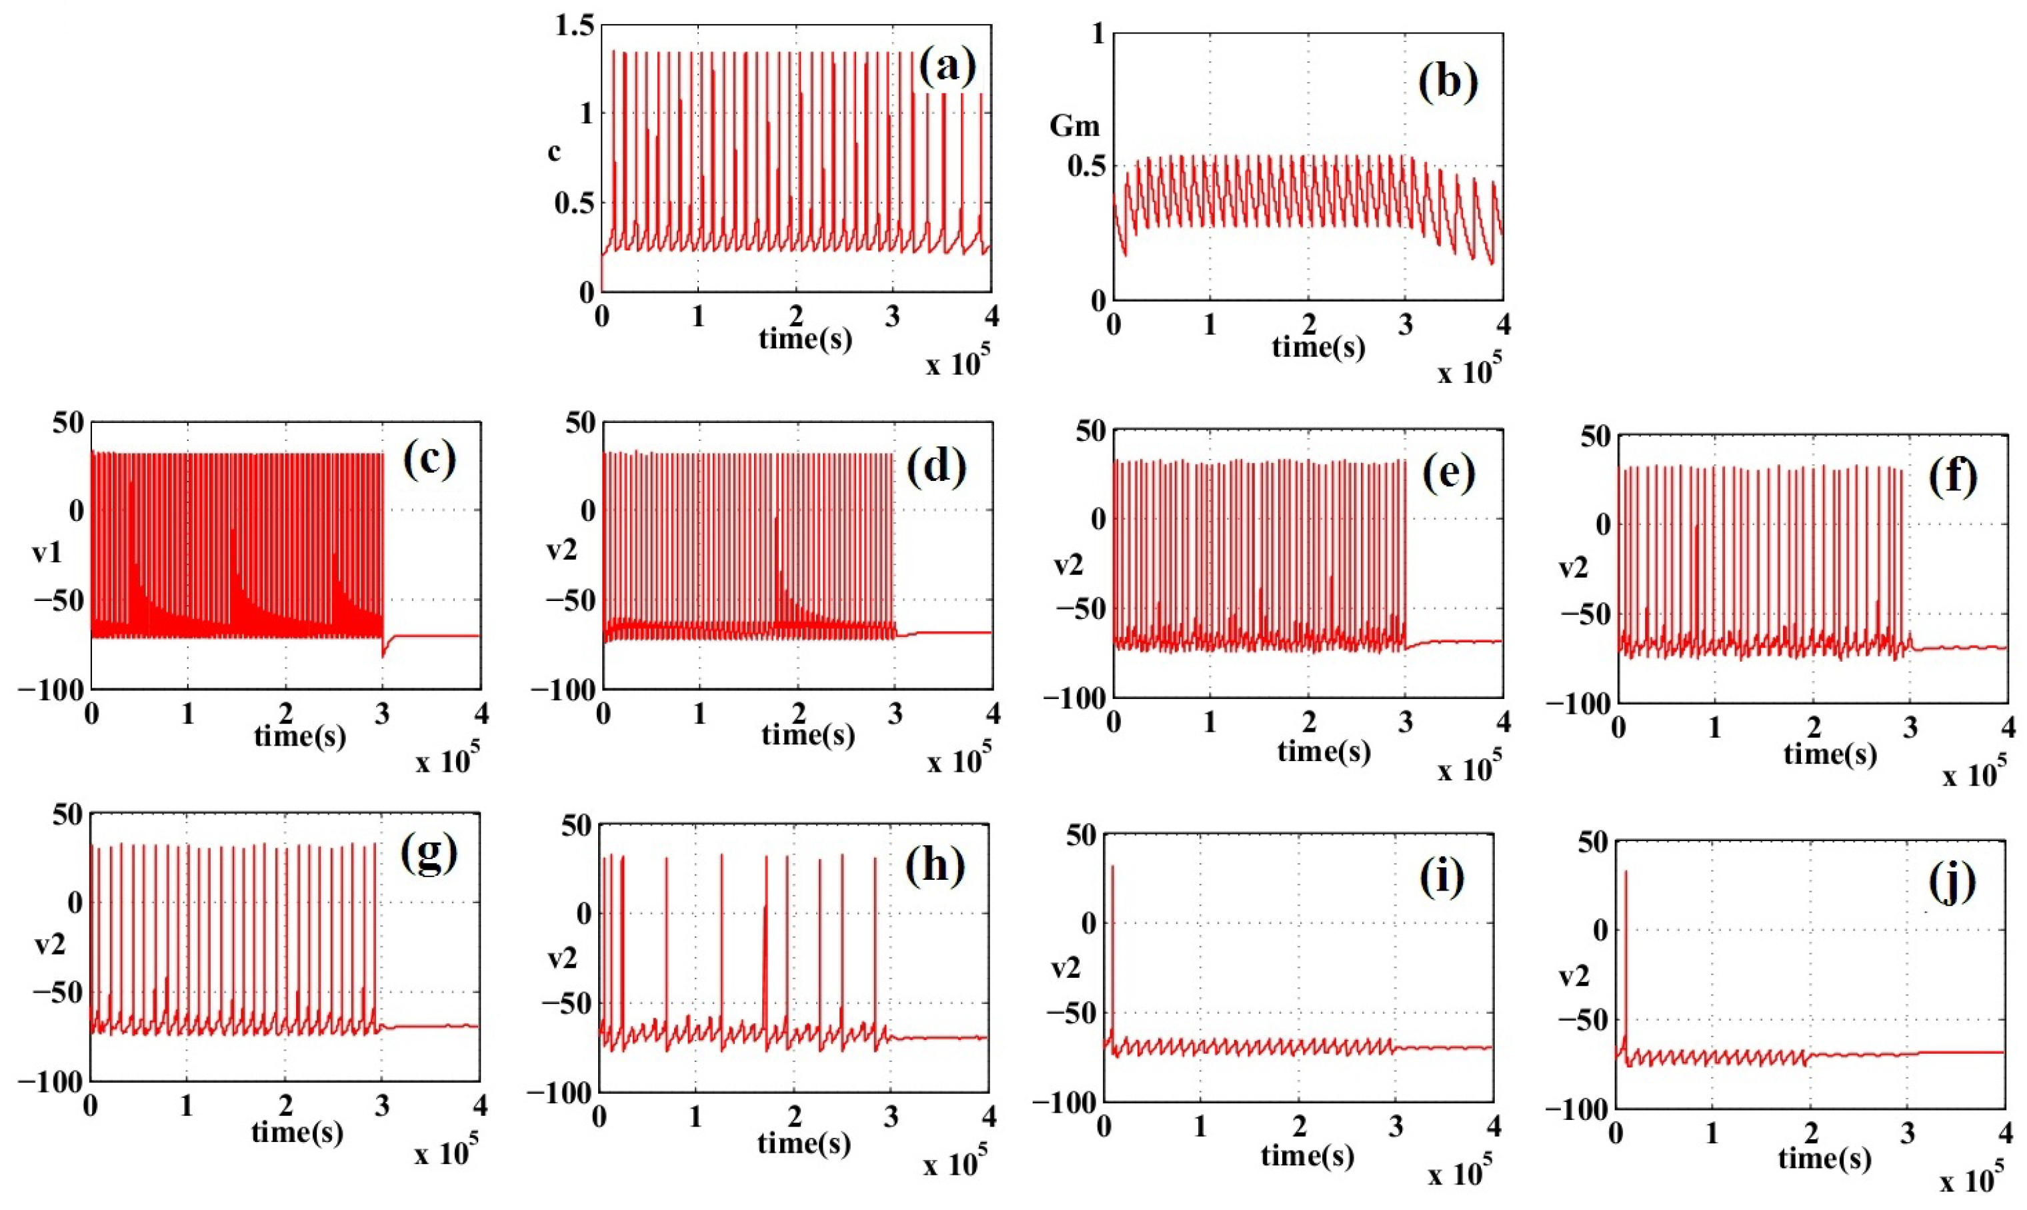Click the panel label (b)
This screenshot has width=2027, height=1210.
click(1448, 81)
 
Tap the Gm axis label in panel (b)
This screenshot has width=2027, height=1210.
click(1074, 126)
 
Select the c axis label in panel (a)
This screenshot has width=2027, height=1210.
click(554, 151)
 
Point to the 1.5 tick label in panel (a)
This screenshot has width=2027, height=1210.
click(574, 25)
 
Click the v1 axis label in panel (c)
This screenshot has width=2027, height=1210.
click(47, 554)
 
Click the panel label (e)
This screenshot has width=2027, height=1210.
click(1448, 474)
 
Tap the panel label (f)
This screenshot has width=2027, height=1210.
click(1953, 478)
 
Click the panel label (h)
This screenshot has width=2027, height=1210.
click(935, 865)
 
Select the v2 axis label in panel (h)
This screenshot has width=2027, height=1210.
click(561, 959)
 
